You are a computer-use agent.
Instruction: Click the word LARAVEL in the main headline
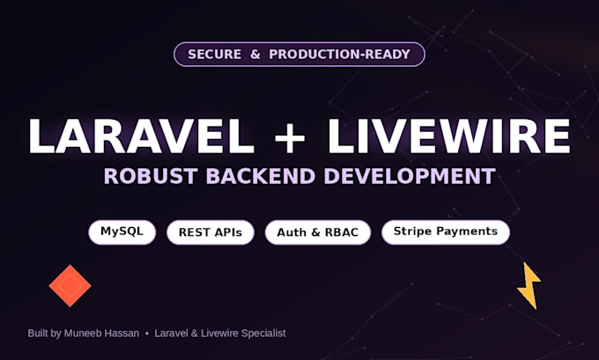coord(141,136)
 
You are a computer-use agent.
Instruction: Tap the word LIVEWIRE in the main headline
coord(449,136)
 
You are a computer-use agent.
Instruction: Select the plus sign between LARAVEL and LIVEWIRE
coord(290,138)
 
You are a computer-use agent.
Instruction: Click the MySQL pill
coord(122,232)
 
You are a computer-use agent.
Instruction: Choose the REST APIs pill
coord(211,232)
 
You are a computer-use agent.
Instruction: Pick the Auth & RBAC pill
coord(318,232)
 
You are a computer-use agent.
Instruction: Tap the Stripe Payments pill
coord(446,232)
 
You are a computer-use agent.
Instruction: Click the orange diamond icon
coord(70,285)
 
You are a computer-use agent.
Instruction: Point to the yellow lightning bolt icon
coord(529,285)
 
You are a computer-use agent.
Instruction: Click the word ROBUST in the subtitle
coord(151,176)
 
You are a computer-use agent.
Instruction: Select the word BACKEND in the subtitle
coord(261,176)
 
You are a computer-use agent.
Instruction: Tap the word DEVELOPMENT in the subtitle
coord(410,176)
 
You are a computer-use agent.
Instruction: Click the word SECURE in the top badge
coord(214,55)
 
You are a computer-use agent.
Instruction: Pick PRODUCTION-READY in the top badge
coord(340,55)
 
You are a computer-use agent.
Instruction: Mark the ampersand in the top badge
coord(255,55)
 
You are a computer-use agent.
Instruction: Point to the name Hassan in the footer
coord(122,334)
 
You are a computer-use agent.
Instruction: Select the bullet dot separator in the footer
coord(147,334)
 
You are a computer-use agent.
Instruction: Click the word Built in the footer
coord(38,334)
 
